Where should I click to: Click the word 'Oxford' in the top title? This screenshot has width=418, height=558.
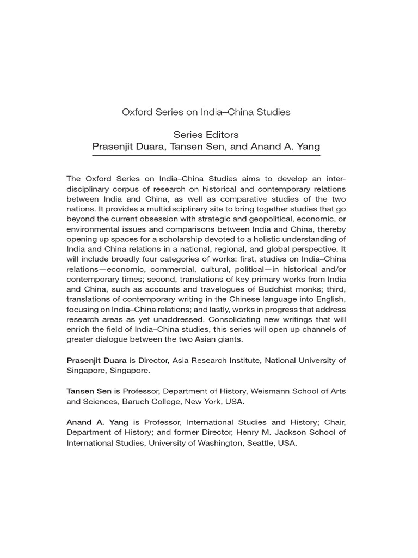pyautogui.click(x=135, y=112)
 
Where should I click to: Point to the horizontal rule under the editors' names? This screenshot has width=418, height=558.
pyautogui.click(x=206, y=155)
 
